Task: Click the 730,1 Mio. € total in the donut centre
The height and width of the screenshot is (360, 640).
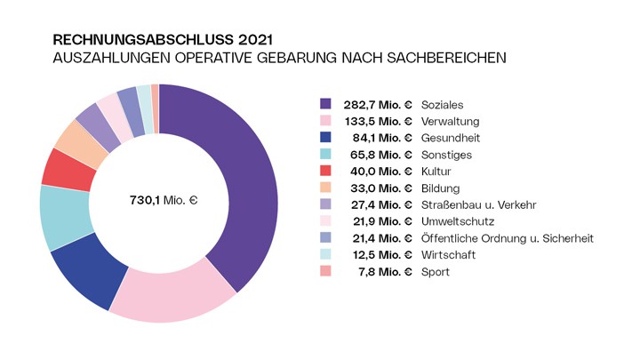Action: coord(157,201)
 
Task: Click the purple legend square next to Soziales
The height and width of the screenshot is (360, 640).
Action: coord(325,104)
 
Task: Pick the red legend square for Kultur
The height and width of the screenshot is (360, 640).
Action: coord(325,171)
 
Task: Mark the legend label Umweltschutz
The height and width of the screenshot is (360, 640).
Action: coord(458,221)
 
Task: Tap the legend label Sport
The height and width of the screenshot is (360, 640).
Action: coord(436,272)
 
